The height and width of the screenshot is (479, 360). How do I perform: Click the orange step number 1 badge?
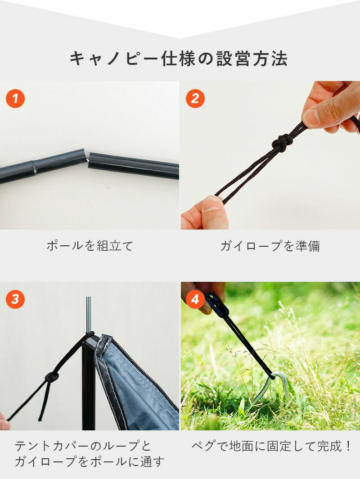[x=15, y=98]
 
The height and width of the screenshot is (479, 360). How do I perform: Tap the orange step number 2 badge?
[x=195, y=98]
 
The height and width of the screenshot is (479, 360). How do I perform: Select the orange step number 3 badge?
[x=15, y=299]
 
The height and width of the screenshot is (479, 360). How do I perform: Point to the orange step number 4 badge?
[x=195, y=299]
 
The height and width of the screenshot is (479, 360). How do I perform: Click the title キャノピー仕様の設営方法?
[x=179, y=59]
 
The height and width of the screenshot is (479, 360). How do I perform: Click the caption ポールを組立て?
[x=90, y=246]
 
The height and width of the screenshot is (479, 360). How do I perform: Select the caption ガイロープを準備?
[x=270, y=246]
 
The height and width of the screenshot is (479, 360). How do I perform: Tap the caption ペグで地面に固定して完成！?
[x=271, y=446]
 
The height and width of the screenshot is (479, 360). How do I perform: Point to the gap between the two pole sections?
[x=88, y=160]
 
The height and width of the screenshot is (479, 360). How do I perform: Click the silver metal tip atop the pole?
[x=89, y=314]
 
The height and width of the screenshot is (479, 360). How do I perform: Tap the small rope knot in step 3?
[x=52, y=377]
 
